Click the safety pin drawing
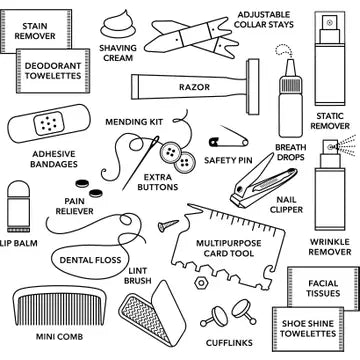229,138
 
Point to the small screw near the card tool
168,226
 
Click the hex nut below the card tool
201,283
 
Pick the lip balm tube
19,206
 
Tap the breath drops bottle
290,98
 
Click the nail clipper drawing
263,182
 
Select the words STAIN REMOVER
35,31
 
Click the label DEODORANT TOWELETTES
53,71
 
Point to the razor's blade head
253,87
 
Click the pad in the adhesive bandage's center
49,123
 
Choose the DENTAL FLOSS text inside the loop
90,260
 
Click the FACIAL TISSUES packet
322,289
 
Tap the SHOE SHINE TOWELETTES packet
308,329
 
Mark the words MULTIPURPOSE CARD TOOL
229,248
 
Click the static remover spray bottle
330,59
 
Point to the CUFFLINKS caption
229,343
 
